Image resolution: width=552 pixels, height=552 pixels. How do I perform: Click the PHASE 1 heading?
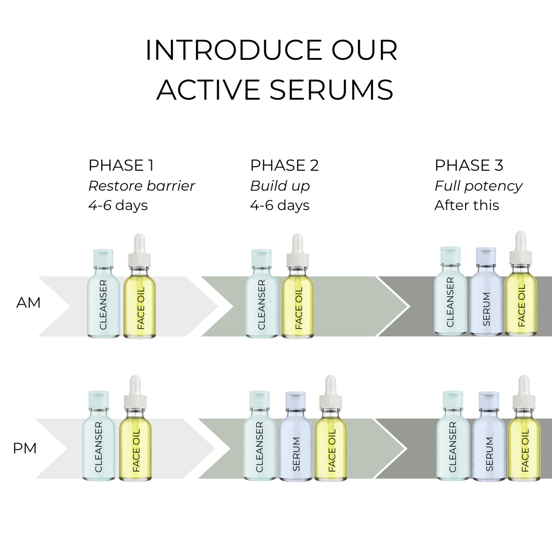click(121, 166)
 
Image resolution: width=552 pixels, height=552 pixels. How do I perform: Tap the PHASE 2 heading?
click(284, 166)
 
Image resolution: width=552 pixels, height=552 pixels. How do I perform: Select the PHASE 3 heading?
click(469, 166)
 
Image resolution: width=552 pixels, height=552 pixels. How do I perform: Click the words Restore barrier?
click(142, 186)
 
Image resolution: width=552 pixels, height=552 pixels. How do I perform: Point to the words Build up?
click(280, 186)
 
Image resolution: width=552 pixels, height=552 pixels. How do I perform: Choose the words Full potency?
click(478, 186)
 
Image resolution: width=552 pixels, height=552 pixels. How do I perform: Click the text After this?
click(467, 205)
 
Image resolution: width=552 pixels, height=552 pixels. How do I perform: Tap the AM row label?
click(29, 303)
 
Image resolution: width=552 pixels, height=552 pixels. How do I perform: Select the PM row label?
click(25, 449)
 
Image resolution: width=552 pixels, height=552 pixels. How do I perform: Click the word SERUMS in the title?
click(331, 90)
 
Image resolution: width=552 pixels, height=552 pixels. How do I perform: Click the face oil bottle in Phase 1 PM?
click(135, 440)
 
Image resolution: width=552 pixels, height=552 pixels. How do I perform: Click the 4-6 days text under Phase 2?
click(280, 205)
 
